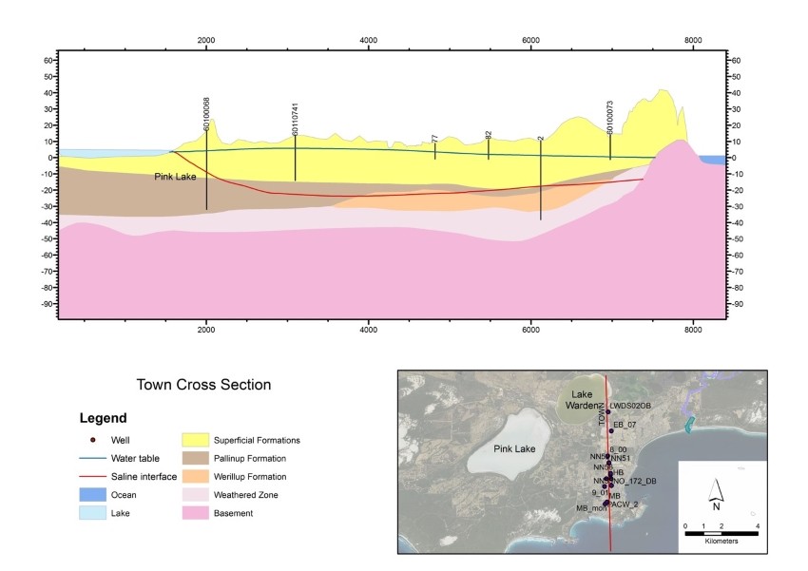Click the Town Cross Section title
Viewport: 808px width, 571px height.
[204, 385]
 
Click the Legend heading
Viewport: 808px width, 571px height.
[104, 417]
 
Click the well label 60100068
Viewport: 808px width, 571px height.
[206, 113]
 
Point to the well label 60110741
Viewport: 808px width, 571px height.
[296, 118]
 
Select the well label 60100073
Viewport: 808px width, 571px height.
[610, 114]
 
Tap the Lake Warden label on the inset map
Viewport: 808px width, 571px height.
[581, 400]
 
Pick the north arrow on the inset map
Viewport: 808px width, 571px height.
[719, 492]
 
